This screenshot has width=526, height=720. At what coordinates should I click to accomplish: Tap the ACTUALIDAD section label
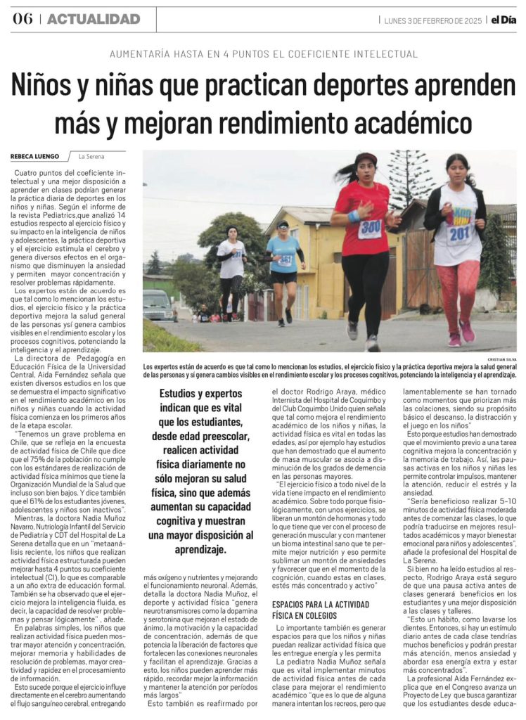94,19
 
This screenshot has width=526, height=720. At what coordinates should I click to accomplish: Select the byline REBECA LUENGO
34,156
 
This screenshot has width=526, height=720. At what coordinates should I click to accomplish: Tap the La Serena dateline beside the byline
91,156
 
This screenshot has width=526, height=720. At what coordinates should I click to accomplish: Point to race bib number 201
459,231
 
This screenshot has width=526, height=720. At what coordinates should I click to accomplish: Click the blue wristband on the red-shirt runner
354,216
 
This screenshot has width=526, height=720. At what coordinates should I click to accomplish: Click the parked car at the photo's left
160,304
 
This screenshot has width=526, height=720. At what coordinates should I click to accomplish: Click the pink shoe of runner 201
467,331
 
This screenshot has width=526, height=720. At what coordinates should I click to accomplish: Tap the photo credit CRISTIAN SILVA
501,359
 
